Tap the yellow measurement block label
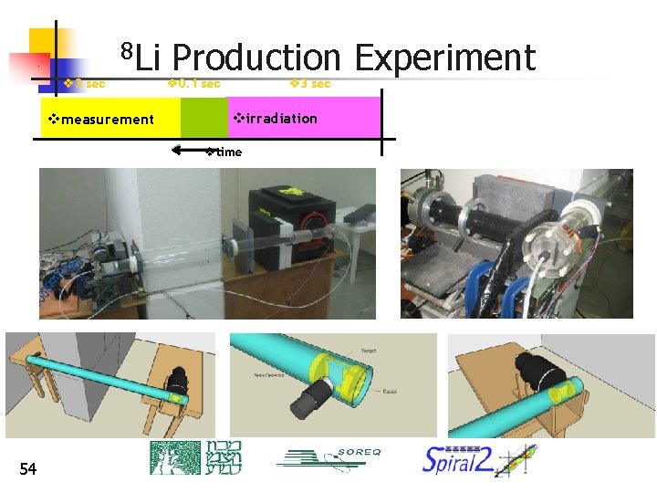(x=101, y=119)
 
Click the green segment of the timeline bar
(x=203, y=117)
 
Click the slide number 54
(x=28, y=468)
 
